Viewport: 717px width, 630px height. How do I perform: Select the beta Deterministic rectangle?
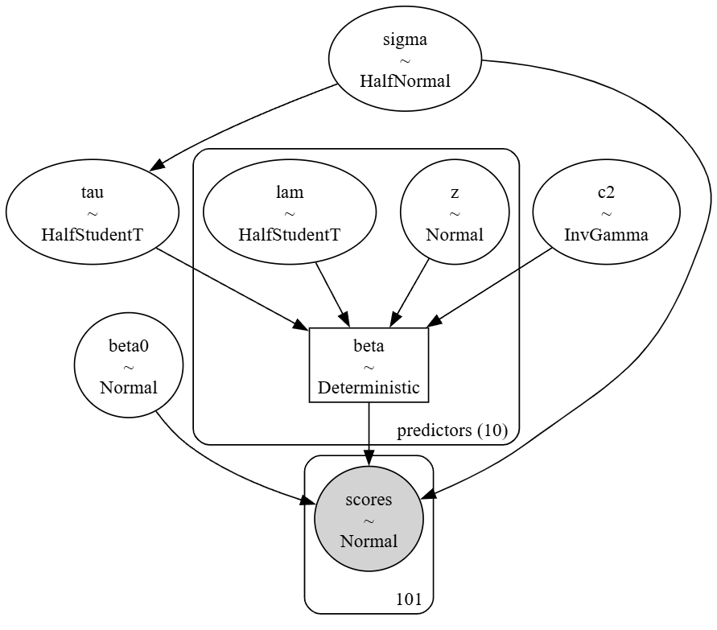pyautogui.click(x=369, y=366)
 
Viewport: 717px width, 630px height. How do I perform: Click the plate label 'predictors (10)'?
pyautogui.click(x=452, y=430)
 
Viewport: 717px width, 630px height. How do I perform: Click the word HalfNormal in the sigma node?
pyautogui.click(x=405, y=81)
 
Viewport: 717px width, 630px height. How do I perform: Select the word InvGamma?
pyautogui.click(x=606, y=234)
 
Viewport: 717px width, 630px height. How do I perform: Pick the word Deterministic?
pyautogui.click(x=369, y=387)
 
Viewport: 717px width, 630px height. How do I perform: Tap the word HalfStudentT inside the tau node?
pyautogui.click(x=93, y=234)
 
